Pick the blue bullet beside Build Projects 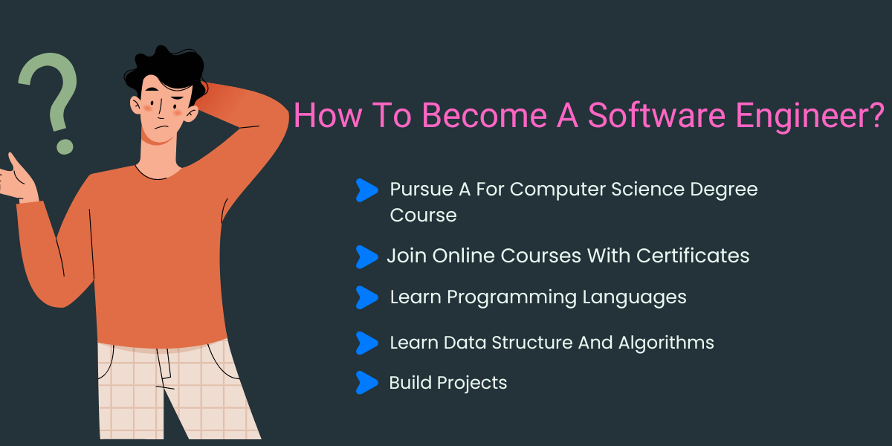coord(366,383)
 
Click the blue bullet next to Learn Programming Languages coord(366,297)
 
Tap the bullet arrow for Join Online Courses coord(366,256)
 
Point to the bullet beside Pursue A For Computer coord(366,190)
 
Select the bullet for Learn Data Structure coord(366,343)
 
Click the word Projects coord(472,383)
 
